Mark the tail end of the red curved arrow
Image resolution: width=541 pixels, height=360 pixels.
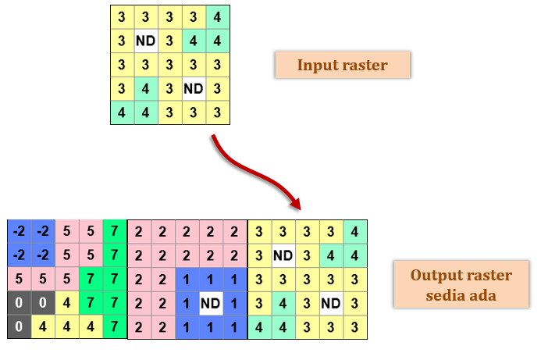point(212,138)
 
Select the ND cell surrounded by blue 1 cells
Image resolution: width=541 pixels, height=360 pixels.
point(210,302)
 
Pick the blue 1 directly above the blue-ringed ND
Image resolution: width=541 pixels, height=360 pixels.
point(210,279)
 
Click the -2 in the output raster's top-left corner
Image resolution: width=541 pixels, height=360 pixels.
point(20,231)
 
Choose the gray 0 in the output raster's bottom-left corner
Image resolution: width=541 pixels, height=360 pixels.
point(20,326)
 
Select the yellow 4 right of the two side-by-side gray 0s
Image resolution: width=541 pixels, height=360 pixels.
point(67,303)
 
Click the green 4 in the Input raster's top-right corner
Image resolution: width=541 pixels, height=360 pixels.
point(217,16)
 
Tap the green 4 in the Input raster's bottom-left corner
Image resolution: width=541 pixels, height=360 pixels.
point(122,112)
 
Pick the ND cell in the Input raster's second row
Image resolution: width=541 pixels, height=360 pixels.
point(146,40)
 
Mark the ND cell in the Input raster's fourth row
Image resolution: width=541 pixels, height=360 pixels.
point(194,88)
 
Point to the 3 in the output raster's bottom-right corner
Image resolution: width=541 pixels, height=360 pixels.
point(354,326)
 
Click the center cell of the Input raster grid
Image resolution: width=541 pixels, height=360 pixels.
point(169,64)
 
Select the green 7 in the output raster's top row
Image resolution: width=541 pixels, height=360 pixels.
point(115,231)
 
